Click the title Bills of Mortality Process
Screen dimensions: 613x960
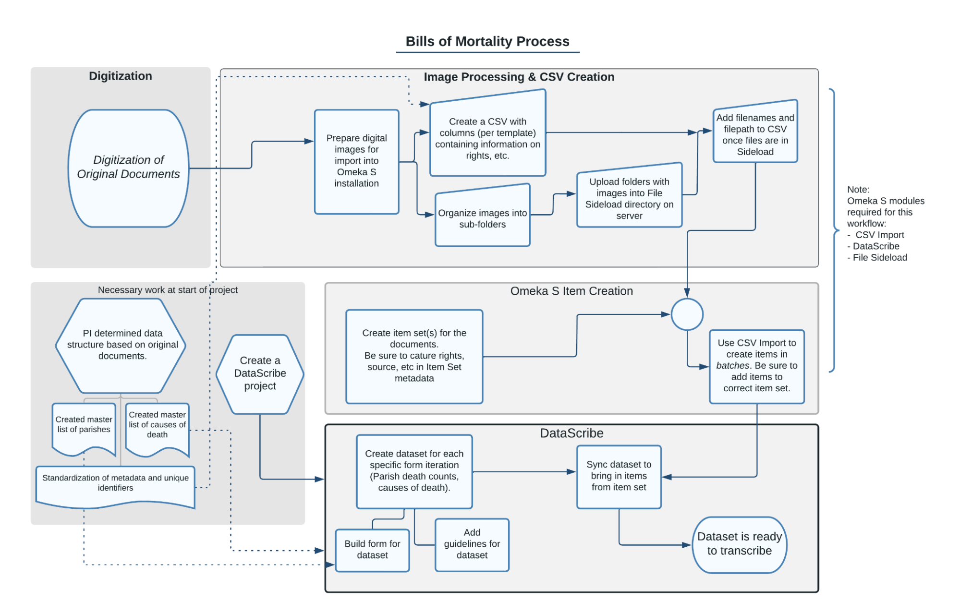coord(487,41)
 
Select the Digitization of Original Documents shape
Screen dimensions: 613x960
coord(128,168)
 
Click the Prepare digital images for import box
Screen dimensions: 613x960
coord(356,161)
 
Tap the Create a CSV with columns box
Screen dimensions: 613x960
coord(487,138)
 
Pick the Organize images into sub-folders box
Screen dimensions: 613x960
coord(482,218)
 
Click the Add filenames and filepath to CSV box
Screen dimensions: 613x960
coord(755,134)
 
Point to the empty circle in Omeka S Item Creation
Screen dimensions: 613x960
coord(687,314)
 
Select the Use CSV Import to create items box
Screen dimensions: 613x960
coord(756,366)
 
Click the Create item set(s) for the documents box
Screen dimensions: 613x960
coord(414,356)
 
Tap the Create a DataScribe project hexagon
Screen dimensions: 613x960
coord(260,373)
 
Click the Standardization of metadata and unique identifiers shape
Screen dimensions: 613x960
coord(115,484)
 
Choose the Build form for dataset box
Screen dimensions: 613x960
coord(372,550)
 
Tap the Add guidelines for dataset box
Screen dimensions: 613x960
coord(472,544)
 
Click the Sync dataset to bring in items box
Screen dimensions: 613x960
coord(619,476)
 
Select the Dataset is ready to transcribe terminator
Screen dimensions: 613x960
coord(739,544)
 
